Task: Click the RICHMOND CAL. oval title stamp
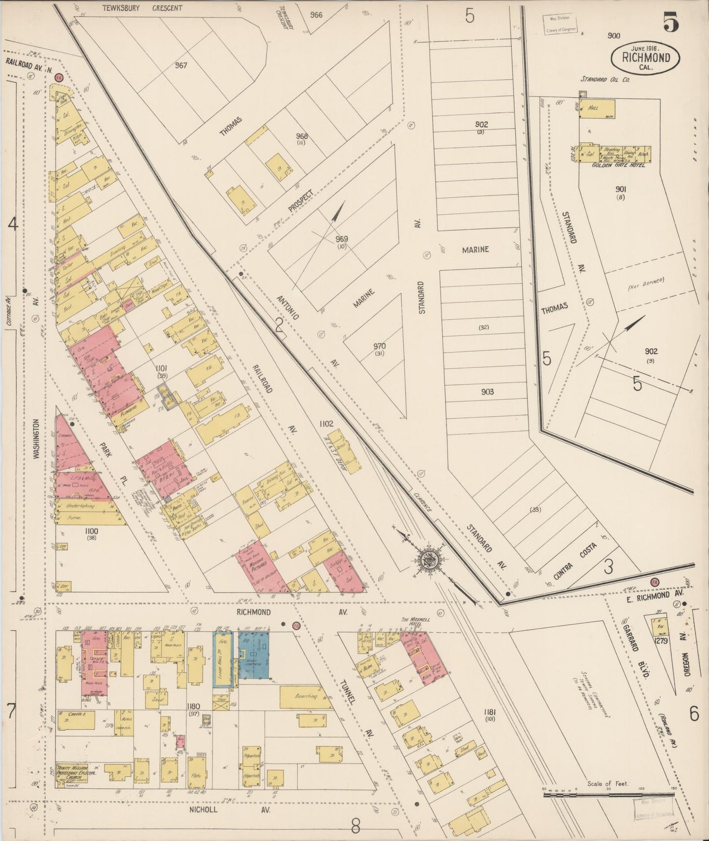click(646, 57)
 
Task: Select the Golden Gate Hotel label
click(618, 165)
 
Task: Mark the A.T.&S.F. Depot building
click(343, 449)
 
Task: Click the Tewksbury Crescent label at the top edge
click(142, 8)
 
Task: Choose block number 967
click(181, 65)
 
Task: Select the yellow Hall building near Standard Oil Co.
click(597, 109)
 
